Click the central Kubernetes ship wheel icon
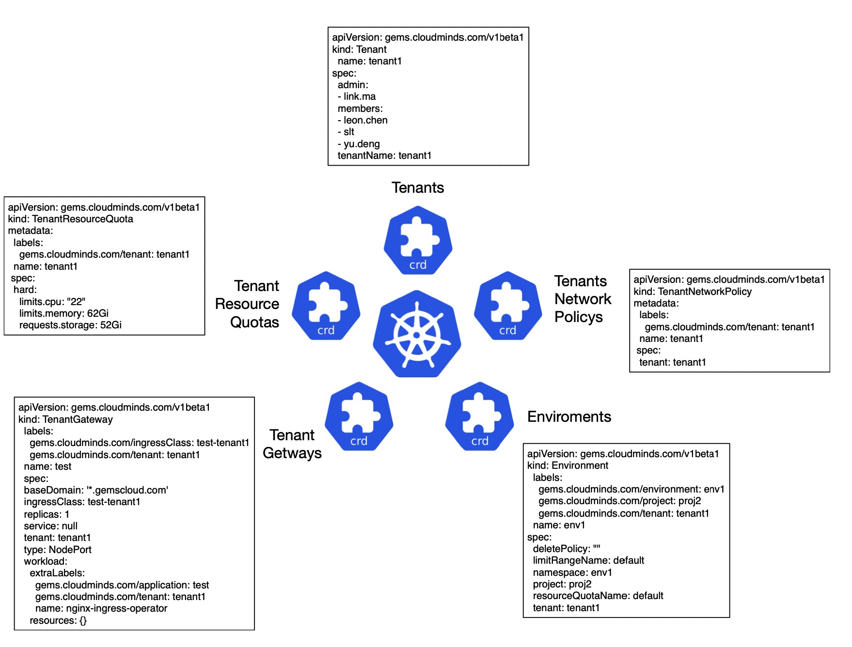(x=417, y=334)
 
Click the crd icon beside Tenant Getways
(x=359, y=416)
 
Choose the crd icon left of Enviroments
(x=479, y=416)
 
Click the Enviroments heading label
(x=569, y=416)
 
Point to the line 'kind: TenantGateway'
(x=65, y=419)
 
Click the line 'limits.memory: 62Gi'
(x=63, y=313)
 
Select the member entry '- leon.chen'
(x=363, y=120)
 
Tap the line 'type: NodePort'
(x=58, y=550)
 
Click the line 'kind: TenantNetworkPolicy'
(x=693, y=292)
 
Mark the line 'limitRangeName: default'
(x=588, y=560)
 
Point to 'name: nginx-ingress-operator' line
(x=101, y=608)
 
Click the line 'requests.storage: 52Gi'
(x=70, y=325)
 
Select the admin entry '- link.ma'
(x=357, y=96)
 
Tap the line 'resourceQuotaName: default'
(x=598, y=596)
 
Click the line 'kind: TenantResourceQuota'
(x=70, y=219)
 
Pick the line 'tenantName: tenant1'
(x=384, y=155)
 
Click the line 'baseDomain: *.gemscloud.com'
(x=96, y=490)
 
